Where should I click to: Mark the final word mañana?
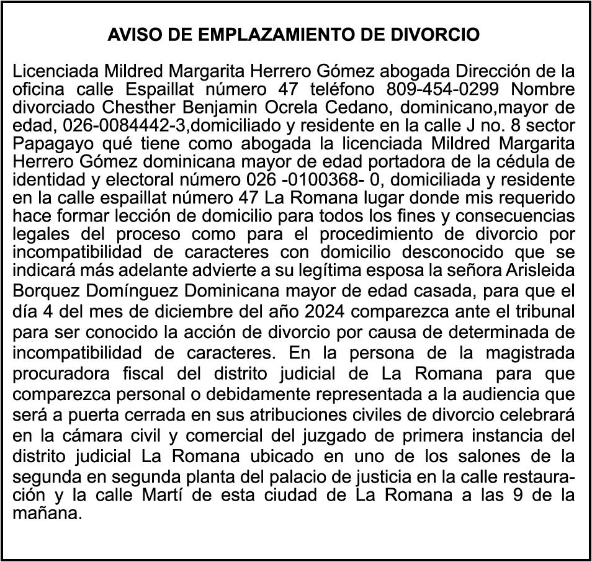point(47,514)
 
